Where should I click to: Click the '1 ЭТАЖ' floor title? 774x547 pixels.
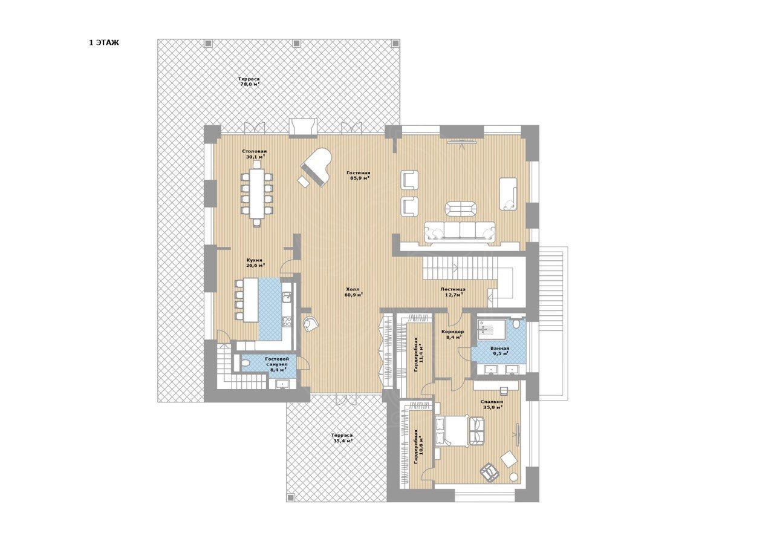104,43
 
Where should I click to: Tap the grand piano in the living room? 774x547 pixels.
316,168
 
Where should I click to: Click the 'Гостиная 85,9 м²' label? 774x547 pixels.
359,175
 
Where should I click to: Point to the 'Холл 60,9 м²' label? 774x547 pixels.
353,292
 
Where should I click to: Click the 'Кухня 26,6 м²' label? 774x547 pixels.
255,263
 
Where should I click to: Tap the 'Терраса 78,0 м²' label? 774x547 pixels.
250,81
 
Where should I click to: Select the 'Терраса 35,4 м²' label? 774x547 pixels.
342,438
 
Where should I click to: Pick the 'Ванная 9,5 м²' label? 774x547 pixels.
499,351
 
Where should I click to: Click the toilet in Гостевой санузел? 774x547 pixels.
245,363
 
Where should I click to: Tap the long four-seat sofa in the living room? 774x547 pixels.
460,231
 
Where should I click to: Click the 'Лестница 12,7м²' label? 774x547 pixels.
453,292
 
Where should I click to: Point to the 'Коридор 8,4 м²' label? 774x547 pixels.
453,334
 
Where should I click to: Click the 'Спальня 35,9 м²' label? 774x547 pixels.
492,405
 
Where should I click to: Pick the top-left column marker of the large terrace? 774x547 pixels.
207,44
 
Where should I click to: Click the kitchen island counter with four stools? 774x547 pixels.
251,300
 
